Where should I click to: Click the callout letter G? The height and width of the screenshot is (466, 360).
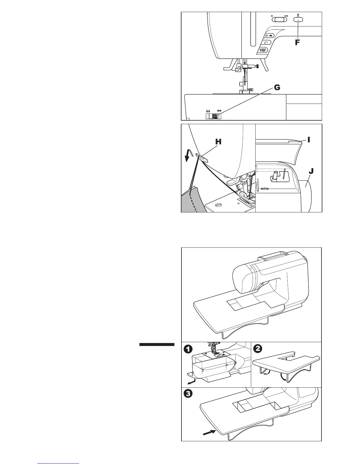point(277,88)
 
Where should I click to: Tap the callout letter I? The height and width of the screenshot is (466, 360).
point(309,139)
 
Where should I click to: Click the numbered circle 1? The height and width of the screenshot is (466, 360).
point(189,349)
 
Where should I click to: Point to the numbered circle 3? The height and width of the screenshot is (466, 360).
point(189,394)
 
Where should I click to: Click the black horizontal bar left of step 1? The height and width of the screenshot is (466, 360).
point(157,344)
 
